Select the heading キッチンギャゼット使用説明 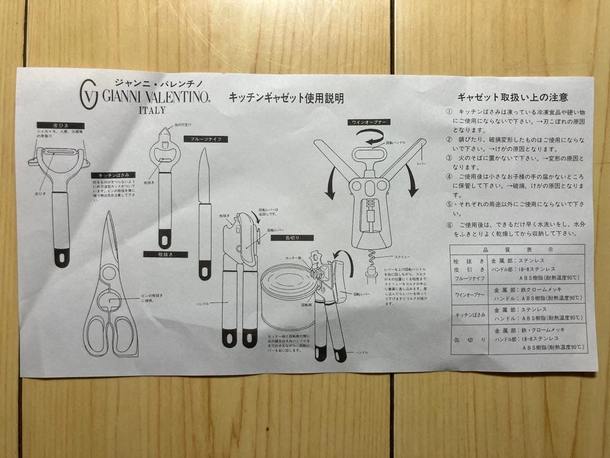click(286, 98)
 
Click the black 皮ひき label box click(60, 126)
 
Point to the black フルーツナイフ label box click(206, 139)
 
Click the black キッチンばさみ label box click(113, 175)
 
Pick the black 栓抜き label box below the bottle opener click(165, 254)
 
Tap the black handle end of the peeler click(62, 257)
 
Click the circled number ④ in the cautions click(450, 176)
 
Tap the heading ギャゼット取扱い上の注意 click(512, 97)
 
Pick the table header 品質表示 click(518, 249)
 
